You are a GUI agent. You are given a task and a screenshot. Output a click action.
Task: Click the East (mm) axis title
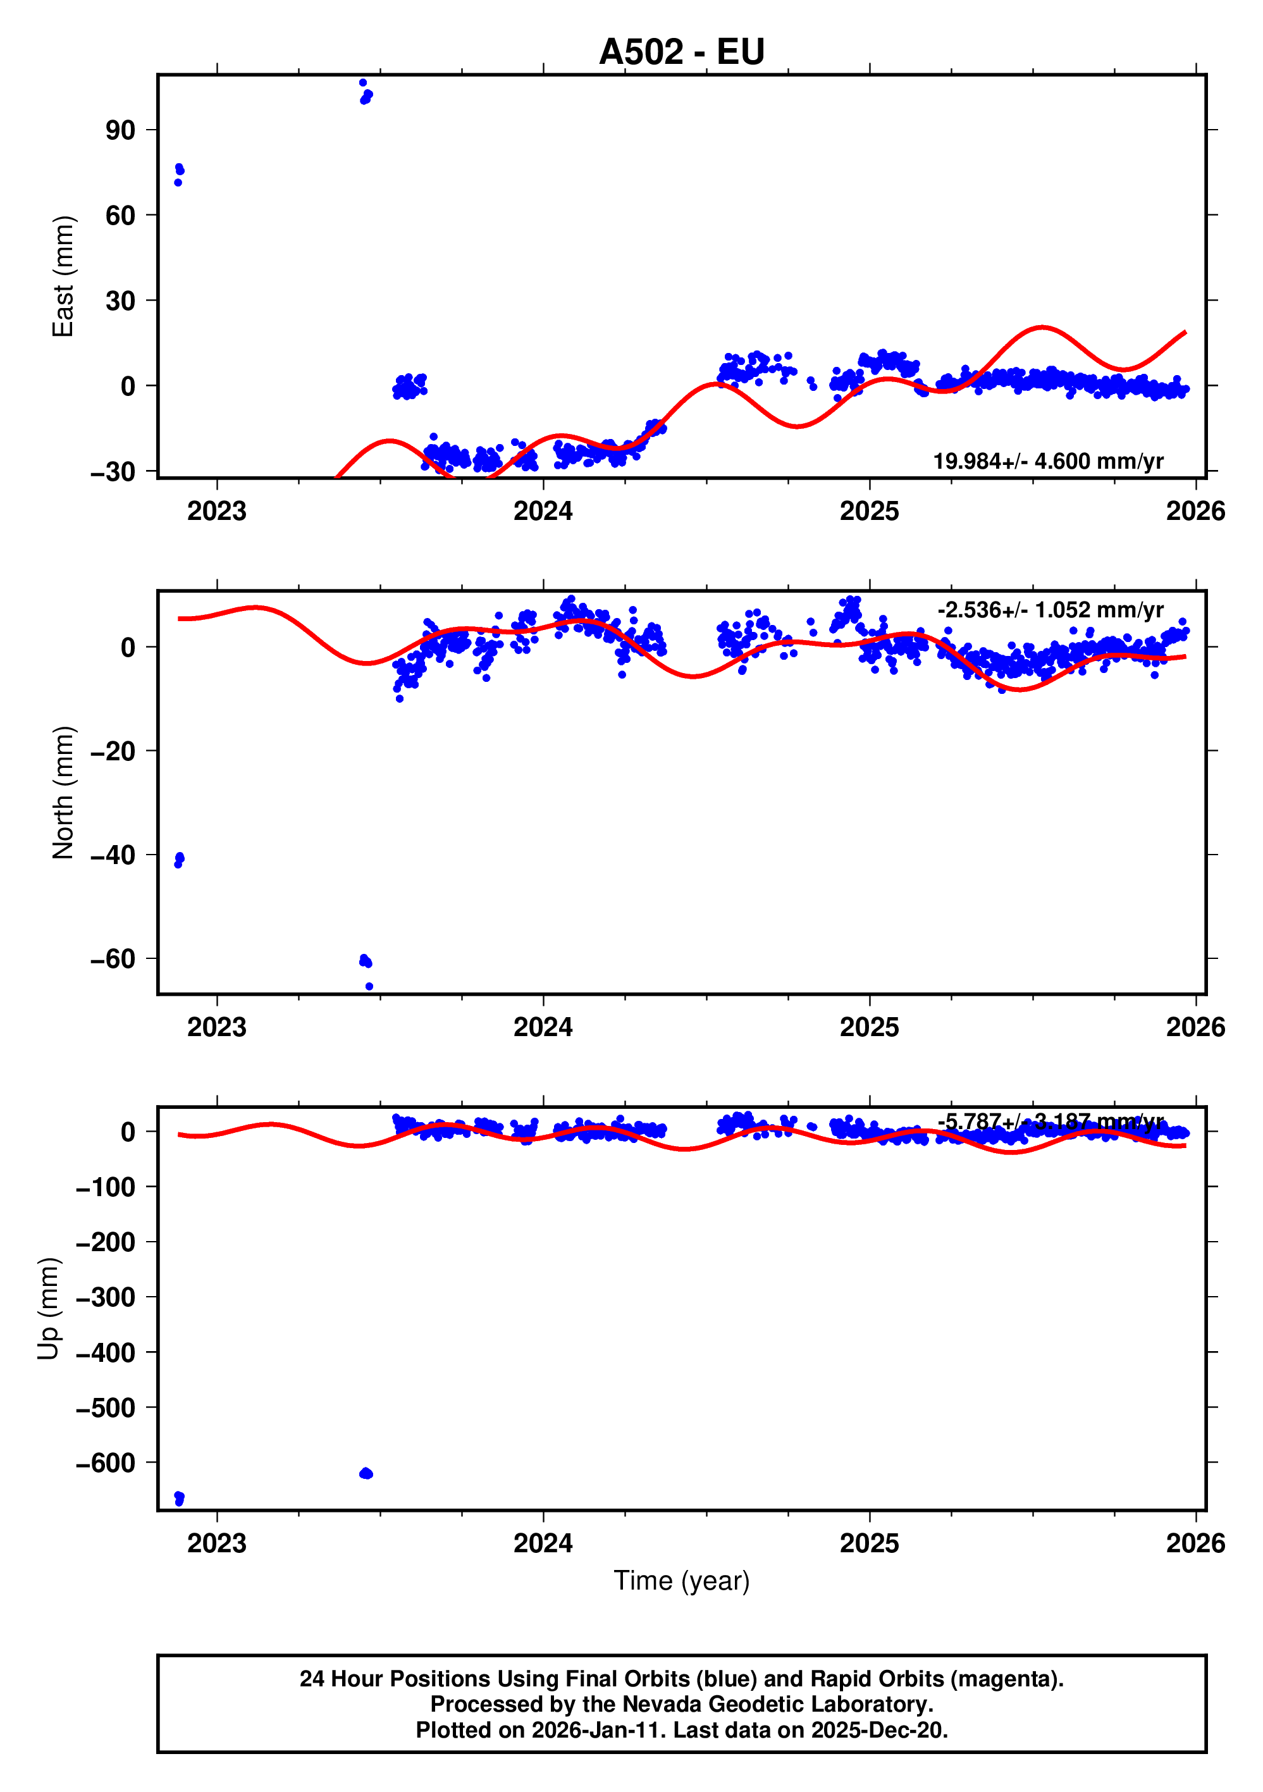point(63,276)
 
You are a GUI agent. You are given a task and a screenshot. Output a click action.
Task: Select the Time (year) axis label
point(681,1581)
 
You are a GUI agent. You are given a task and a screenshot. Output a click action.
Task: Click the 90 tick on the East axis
point(120,130)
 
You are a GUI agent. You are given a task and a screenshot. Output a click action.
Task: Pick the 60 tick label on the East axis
point(120,216)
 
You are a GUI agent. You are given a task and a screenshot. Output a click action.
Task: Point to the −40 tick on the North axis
point(113,855)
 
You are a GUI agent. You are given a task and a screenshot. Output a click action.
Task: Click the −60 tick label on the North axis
point(113,959)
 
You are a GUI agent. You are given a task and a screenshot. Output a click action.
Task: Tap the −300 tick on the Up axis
point(106,1297)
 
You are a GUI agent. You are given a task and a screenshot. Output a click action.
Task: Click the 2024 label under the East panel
point(543,512)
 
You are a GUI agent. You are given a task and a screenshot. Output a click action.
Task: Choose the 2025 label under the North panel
point(869,1028)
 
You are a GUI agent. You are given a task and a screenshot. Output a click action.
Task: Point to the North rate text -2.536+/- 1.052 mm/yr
point(1050,610)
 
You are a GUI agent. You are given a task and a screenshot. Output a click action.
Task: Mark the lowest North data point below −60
point(369,987)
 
